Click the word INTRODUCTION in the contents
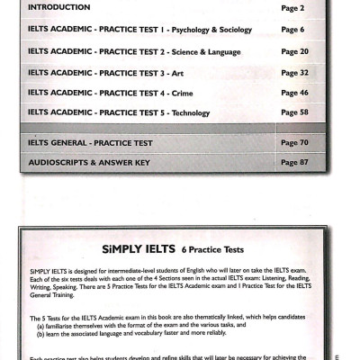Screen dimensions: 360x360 tap(60, 7)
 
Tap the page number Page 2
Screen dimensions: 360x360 tap(292, 7)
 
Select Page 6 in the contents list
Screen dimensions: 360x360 tap(292, 29)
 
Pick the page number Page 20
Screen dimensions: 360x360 tap(295, 51)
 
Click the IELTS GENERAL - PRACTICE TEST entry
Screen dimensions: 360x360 tap(90, 143)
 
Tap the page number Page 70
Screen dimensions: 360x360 tap(295, 143)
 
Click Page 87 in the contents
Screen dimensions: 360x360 tap(295, 163)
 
